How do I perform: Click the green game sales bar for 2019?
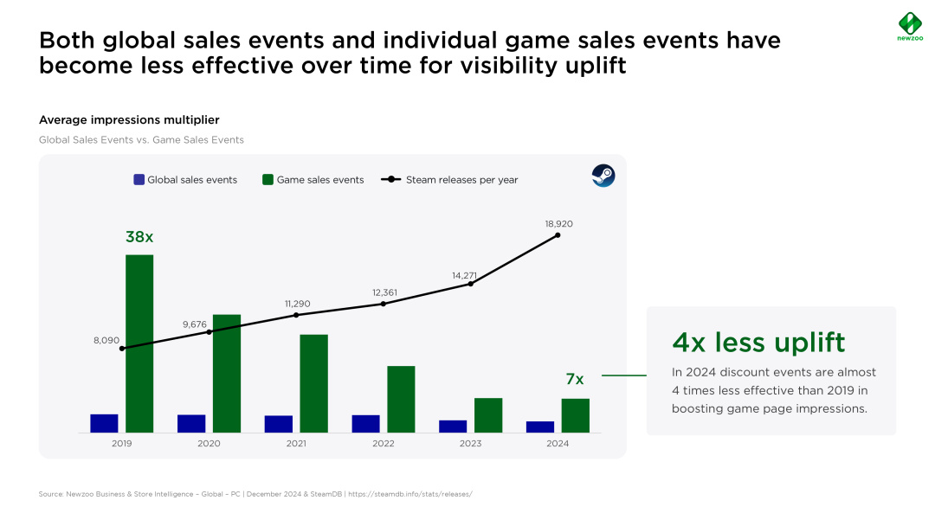tap(139, 343)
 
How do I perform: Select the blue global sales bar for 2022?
tap(365, 423)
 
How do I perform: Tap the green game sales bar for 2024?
tap(575, 415)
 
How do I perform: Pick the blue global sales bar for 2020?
tap(191, 423)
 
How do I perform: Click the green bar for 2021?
tap(313, 383)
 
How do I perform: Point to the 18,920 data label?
tap(558, 223)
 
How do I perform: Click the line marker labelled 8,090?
tap(122, 349)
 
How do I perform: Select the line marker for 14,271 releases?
tap(471, 284)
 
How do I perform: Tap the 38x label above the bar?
tap(139, 237)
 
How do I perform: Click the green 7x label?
tap(575, 379)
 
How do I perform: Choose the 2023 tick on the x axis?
tap(470, 444)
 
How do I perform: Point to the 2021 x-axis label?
tap(296, 444)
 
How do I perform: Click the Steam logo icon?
tap(603, 176)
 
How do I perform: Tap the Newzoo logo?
tap(910, 25)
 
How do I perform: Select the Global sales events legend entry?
tap(184, 180)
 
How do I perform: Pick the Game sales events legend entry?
tap(313, 180)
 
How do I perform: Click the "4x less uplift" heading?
tap(758, 342)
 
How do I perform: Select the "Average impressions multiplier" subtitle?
tap(129, 120)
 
